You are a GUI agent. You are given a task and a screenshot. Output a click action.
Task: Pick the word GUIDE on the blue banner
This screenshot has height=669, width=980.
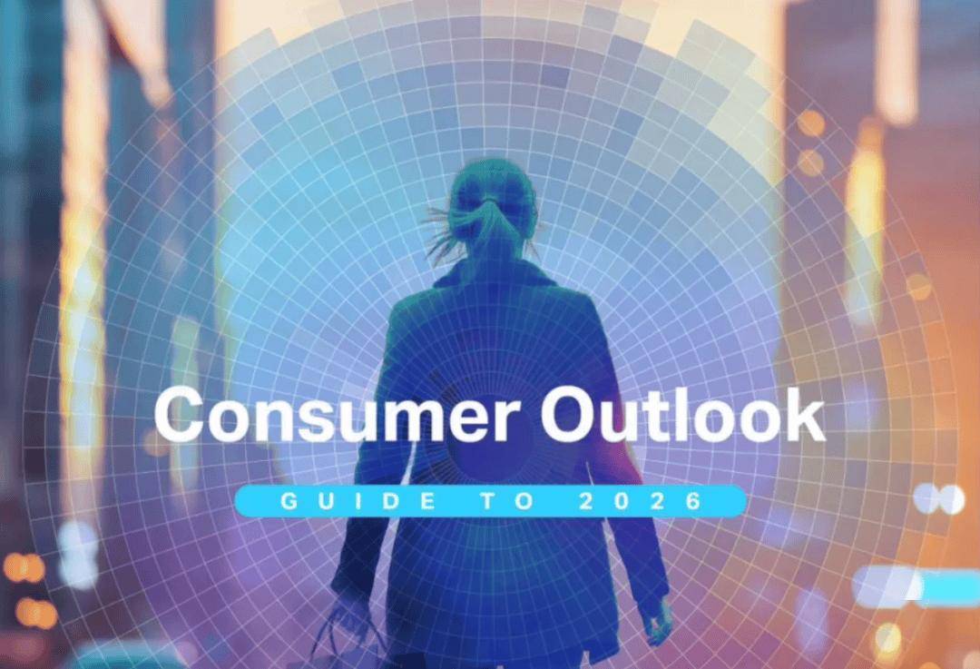coord(358,501)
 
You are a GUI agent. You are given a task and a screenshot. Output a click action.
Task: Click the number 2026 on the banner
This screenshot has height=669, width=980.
coord(642,501)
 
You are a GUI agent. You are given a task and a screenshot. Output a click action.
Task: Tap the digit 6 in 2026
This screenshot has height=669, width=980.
coord(694,501)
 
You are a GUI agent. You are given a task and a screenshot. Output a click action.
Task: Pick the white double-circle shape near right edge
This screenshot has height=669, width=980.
coord(939,499)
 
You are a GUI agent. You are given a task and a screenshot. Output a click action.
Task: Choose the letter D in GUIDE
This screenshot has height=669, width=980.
coord(390,501)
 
